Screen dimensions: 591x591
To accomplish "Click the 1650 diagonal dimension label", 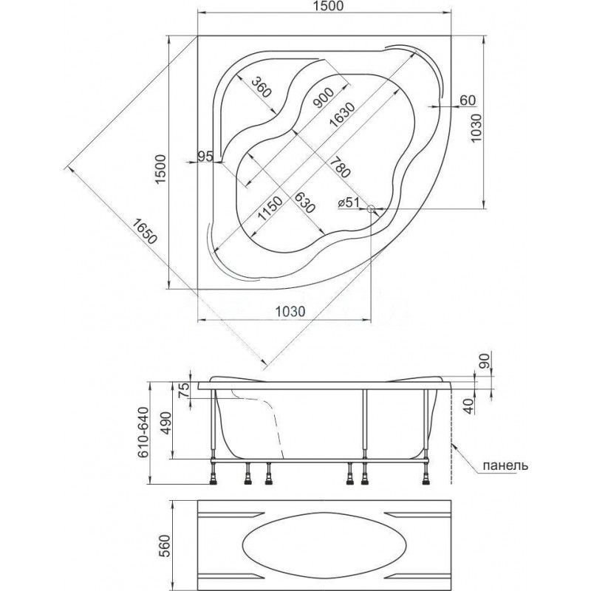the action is [x=144, y=232].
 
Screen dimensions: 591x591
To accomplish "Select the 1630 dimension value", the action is [x=342, y=115].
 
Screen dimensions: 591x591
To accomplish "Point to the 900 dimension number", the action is [x=323, y=98].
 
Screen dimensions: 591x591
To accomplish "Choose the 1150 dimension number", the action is [x=270, y=208].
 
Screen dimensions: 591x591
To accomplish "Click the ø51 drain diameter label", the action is [x=348, y=202].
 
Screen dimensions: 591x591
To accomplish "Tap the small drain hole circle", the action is [x=371, y=208].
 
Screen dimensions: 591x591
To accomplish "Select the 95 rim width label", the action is [x=206, y=156].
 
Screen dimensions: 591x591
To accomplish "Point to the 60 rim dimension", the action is [x=468, y=100].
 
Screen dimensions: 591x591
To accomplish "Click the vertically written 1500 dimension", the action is [x=161, y=168].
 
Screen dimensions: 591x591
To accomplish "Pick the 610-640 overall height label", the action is [x=143, y=432].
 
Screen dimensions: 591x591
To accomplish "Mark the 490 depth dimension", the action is [x=166, y=424].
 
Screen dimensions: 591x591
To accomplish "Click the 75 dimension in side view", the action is [x=183, y=389].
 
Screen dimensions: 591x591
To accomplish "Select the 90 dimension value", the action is [x=485, y=361].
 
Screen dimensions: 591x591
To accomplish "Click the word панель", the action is [x=505, y=465].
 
